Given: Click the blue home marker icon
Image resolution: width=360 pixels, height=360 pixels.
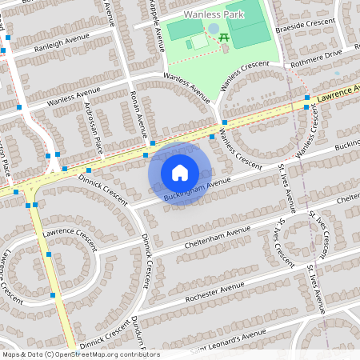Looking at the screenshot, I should click(180, 173).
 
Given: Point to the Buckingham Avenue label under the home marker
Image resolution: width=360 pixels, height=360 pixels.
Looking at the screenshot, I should click(197, 189).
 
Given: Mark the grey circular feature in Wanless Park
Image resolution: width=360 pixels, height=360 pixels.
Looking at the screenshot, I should click(214, 29).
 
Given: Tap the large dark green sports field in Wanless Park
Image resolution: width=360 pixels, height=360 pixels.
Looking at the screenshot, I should click(248, 24).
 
